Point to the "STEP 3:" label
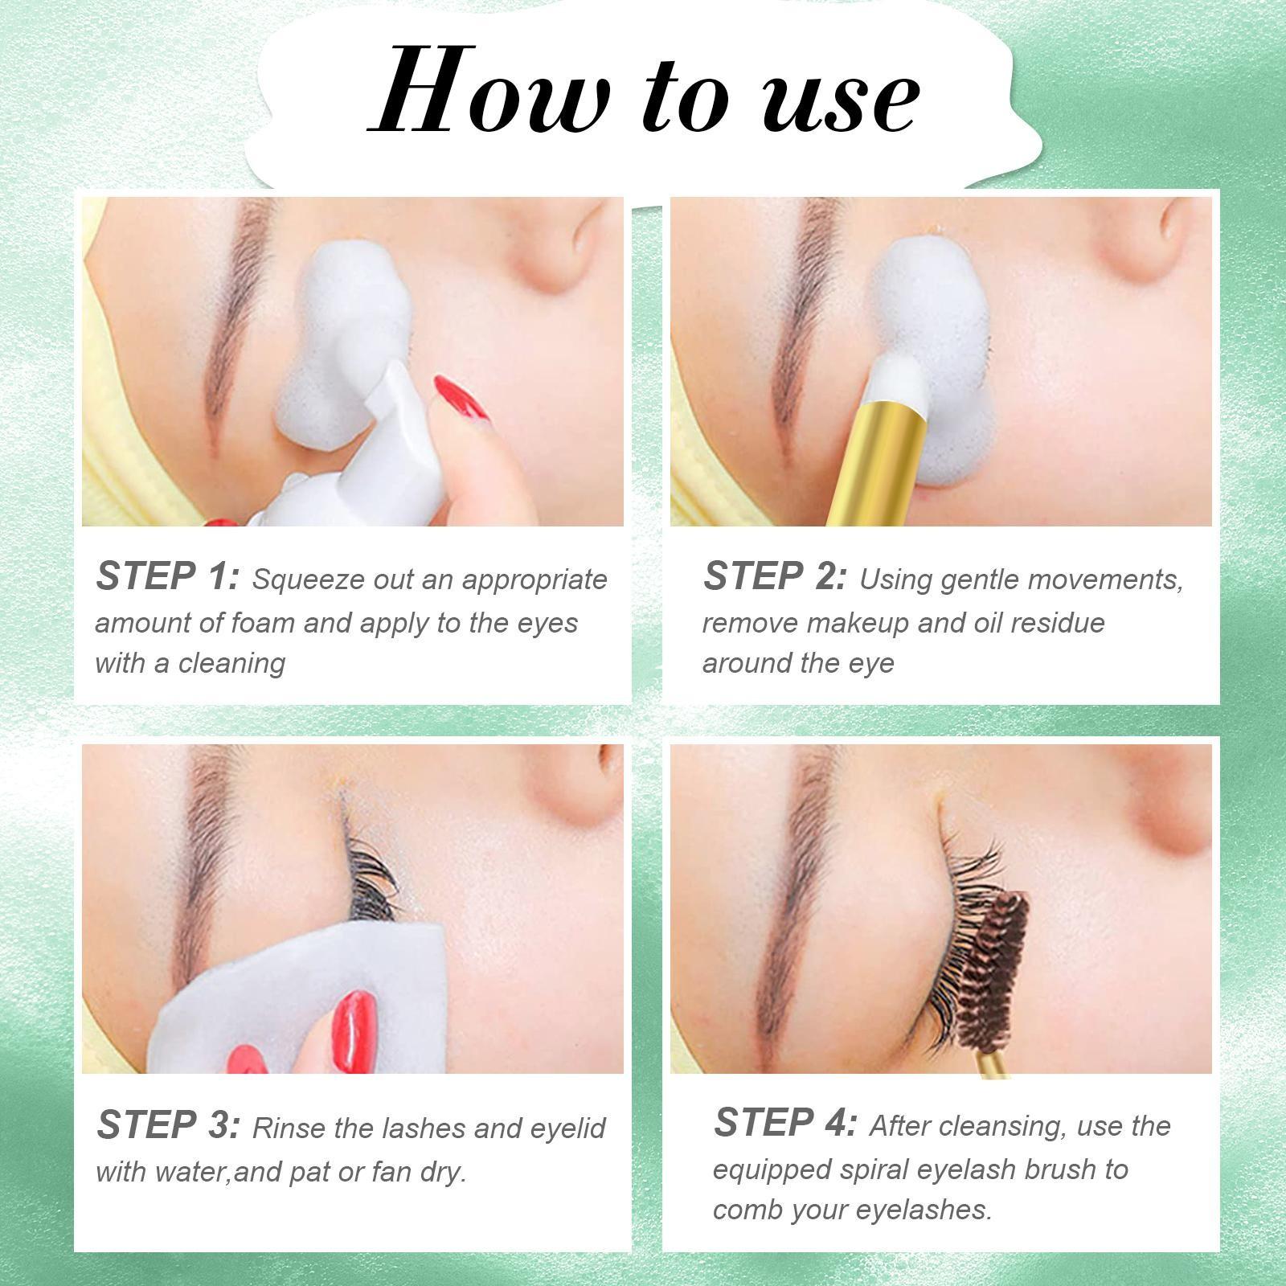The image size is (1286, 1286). click(168, 1124)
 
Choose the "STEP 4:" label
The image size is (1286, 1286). click(785, 1122)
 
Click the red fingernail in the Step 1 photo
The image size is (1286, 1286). click(460, 398)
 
